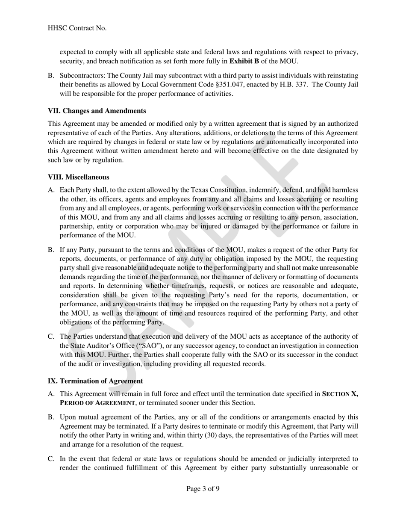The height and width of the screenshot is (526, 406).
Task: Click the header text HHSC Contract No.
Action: pos(77,28)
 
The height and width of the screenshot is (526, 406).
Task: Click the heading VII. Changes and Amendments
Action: pos(97,111)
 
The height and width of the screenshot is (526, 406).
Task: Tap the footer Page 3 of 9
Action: pos(203,488)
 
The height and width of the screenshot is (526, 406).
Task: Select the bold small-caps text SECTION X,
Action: pos(340,394)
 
